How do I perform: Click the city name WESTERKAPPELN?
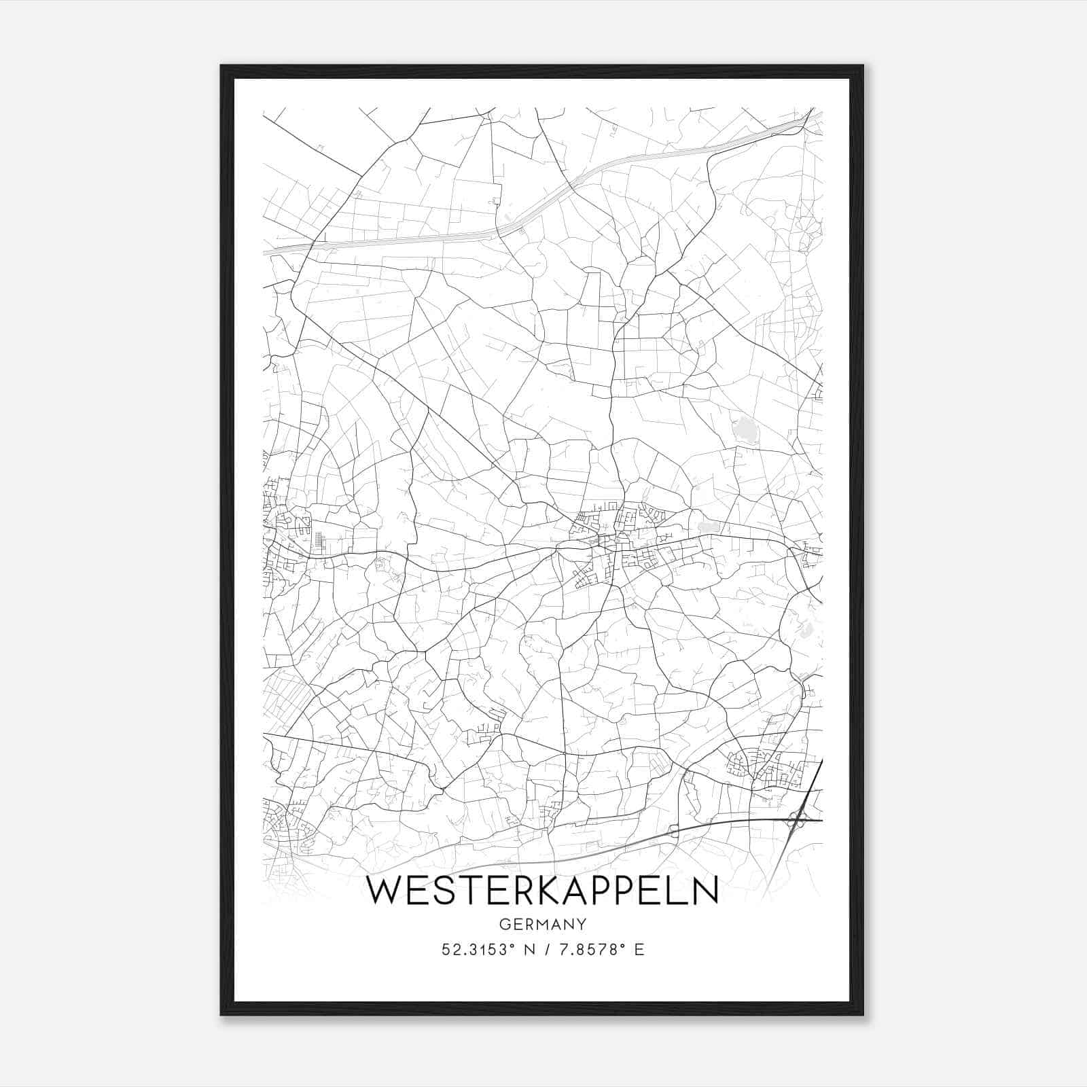pyautogui.click(x=542, y=891)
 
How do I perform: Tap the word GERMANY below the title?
pyautogui.click(x=542, y=924)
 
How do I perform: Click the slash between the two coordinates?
pyautogui.click(x=546, y=950)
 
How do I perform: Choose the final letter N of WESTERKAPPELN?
pyautogui.click(x=704, y=891)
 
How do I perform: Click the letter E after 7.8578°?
pyautogui.click(x=639, y=950)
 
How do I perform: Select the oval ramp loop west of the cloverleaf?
pyautogui.click(x=673, y=830)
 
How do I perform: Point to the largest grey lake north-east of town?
pyautogui.click(x=745, y=429)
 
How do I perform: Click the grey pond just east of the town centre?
pyautogui.click(x=707, y=527)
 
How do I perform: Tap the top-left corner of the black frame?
pyautogui.click(x=222, y=67)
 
